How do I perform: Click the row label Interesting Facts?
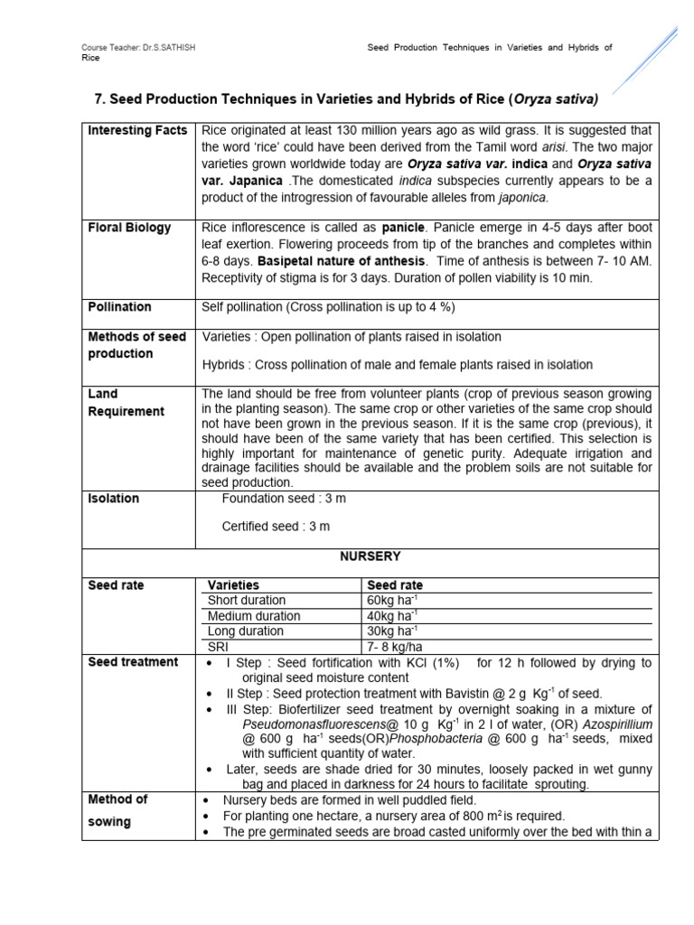137,131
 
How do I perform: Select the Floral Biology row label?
129,228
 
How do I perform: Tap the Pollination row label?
119,307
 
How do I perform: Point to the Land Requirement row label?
126,403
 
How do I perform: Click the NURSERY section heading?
370,556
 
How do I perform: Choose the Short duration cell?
246,601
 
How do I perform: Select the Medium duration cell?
254,616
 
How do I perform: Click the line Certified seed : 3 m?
276,526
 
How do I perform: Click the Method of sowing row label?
117,810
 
